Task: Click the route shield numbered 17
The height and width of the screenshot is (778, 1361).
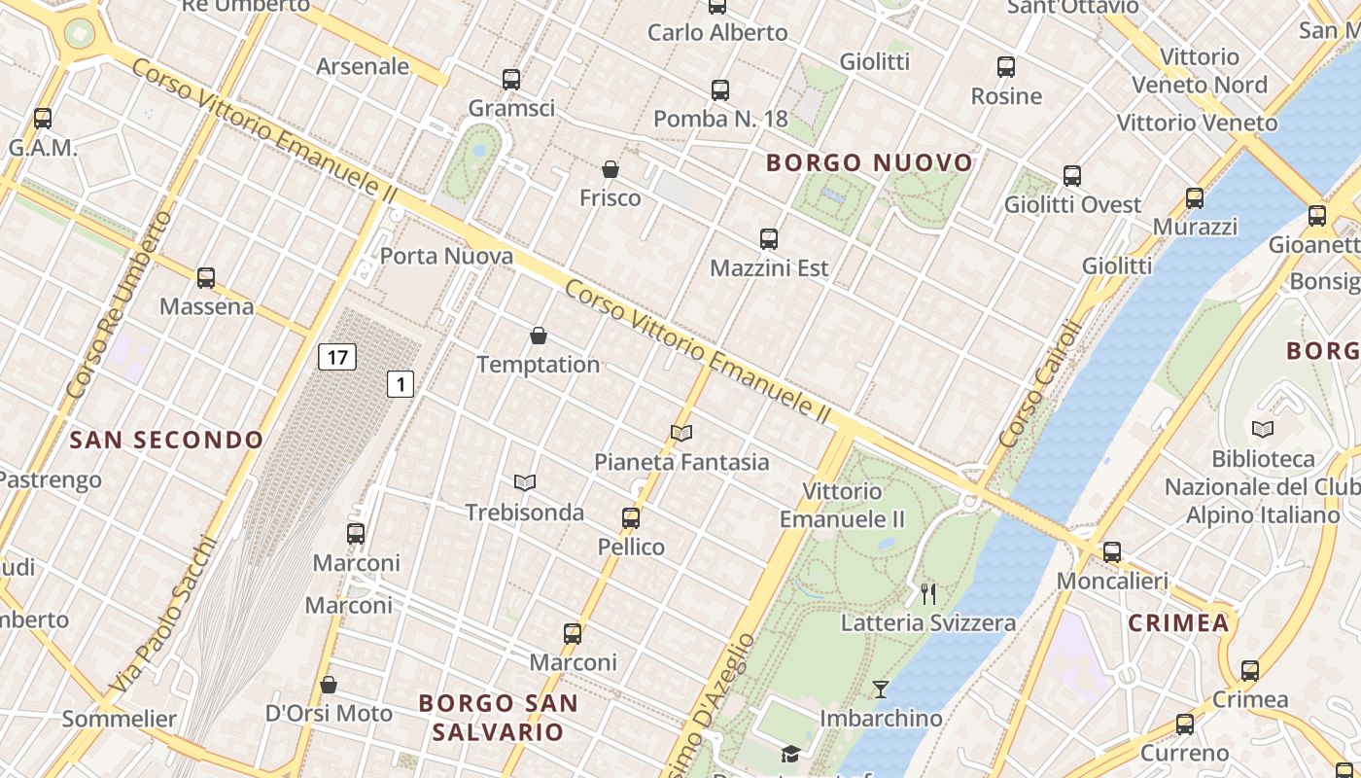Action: pyautogui.click(x=337, y=357)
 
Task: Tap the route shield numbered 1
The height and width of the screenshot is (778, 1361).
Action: pyautogui.click(x=401, y=384)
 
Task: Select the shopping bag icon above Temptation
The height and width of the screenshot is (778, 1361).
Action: pyautogui.click(x=539, y=336)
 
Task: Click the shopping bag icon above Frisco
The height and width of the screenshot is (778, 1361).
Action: pyautogui.click(x=611, y=170)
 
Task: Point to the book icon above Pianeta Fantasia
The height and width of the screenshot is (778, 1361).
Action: pyautogui.click(x=681, y=434)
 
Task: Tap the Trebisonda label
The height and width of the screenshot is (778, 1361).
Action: pyautogui.click(x=525, y=513)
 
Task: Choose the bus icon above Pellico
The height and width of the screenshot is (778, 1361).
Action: pyautogui.click(x=631, y=518)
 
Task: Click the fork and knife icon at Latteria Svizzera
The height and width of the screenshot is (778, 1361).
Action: pyautogui.click(x=928, y=593)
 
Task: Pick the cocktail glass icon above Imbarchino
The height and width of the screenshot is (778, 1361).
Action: pyautogui.click(x=881, y=690)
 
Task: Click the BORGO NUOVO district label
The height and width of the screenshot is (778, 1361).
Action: pyautogui.click(x=869, y=162)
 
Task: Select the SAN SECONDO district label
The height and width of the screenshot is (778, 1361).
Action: pyautogui.click(x=166, y=440)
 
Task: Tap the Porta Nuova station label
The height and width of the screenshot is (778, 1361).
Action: pyautogui.click(x=446, y=256)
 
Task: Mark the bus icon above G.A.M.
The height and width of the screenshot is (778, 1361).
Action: pyautogui.click(x=43, y=119)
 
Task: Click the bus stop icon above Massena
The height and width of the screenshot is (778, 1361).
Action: pyautogui.click(x=206, y=278)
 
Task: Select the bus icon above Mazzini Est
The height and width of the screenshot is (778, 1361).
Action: pyautogui.click(x=769, y=239)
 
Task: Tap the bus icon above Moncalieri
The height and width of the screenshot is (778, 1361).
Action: pyautogui.click(x=1112, y=552)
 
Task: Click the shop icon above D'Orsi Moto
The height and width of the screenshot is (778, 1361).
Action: pyautogui.click(x=329, y=685)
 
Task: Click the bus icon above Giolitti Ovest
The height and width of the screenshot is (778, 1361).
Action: pyautogui.click(x=1072, y=176)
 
